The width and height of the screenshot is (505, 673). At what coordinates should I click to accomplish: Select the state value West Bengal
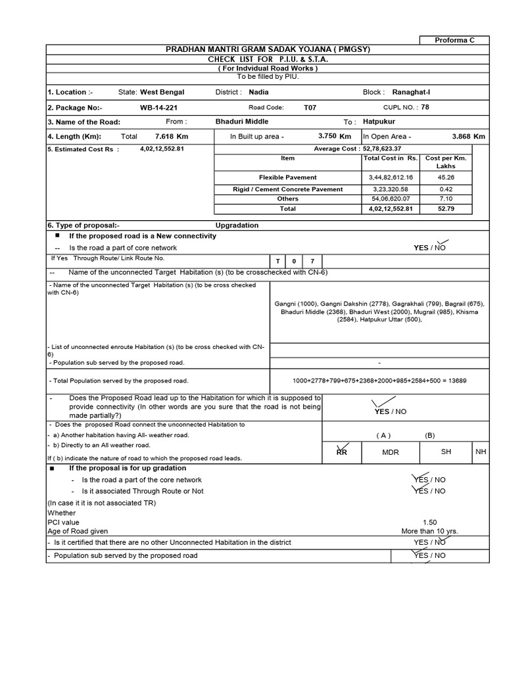(162, 93)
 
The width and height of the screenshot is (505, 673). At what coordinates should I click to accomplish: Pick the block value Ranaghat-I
(411, 93)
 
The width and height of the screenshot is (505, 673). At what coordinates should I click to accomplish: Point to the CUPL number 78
(425, 107)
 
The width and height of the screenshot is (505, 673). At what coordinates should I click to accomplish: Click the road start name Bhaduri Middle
(242, 122)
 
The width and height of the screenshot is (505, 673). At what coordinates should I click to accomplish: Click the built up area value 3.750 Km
(334, 136)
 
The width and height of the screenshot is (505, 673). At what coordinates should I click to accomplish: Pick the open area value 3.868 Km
(468, 136)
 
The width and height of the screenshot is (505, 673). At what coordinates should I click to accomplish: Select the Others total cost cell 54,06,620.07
(391, 198)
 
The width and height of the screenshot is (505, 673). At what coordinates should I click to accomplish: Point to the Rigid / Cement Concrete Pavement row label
(287, 189)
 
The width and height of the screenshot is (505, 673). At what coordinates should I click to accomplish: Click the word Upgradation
(241, 225)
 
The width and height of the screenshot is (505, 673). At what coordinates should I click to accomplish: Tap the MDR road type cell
(390, 452)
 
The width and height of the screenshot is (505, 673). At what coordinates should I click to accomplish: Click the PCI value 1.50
(429, 522)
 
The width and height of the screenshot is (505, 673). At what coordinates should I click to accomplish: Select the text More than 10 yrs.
(429, 531)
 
